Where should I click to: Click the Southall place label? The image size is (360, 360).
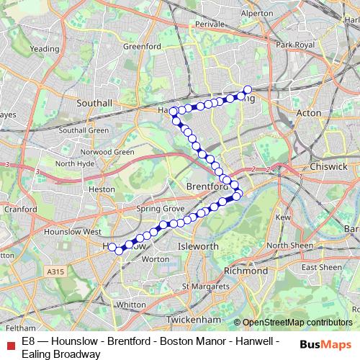(x=94, y=103)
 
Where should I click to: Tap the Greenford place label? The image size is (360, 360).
(x=142, y=47)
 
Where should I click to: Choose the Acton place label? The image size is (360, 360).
(x=309, y=113)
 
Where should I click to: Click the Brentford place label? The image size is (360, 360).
(x=207, y=186)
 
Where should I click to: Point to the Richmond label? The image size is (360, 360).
(x=246, y=271)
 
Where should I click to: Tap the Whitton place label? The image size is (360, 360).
(x=130, y=305)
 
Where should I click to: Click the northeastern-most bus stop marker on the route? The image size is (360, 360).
(x=247, y=90)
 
